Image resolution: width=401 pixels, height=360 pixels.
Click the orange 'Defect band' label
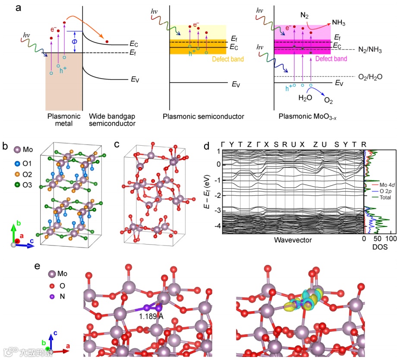(x=228, y=59)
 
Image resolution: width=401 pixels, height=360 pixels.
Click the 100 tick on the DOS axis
(x=391, y=239)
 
